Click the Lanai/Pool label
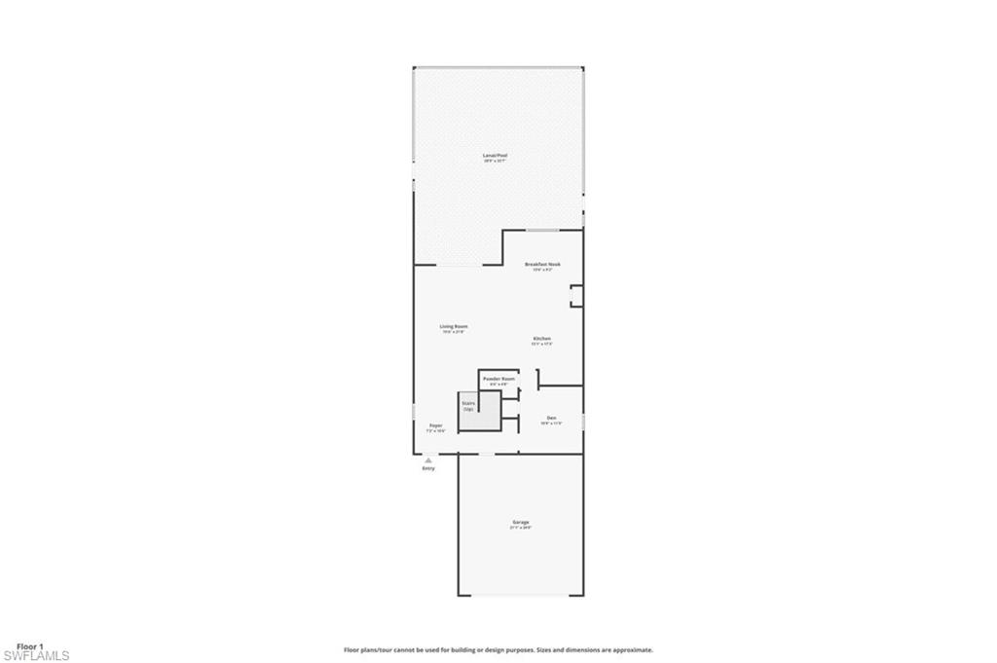click(x=496, y=155)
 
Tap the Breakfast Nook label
click(x=542, y=264)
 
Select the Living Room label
click(x=454, y=326)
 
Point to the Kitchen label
click(x=542, y=338)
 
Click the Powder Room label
click(x=498, y=378)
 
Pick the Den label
click(x=551, y=418)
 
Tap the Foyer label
click(x=436, y=424)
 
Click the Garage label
click(x=521, y=522)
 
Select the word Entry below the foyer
click(x=428, y=469)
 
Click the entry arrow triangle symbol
click(x=428, y=460)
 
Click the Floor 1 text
click(x=30, y=645)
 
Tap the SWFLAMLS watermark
click(x=36, y=656)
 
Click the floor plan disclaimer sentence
click(x=498, y=649)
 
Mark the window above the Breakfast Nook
click(x=542, y=230)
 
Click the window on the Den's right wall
click(x=583, y=421)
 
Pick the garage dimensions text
click(x=521, y=528)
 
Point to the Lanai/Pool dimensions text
click(x=496, y=161)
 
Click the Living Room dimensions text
click(x=454, y=332)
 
